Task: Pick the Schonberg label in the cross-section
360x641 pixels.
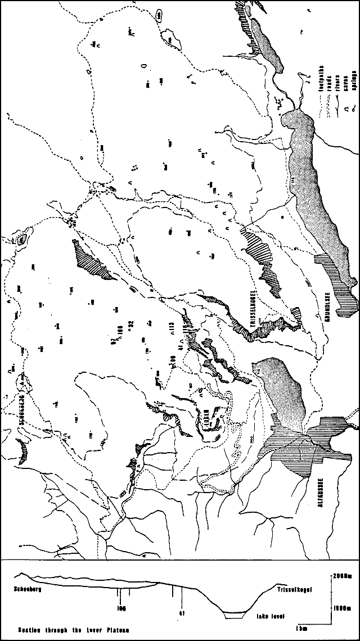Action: pyautogui.click(x=30, y=590)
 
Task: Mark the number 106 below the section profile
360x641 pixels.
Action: pyautogui.click(x=119, y=607)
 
